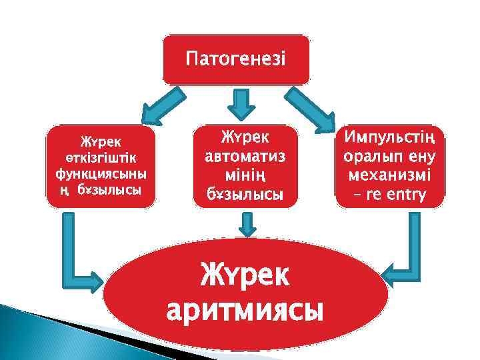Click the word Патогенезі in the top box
(236, 59)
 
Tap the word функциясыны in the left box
(101, 175)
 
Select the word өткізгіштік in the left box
(101, 158)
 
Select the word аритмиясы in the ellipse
(245, 311)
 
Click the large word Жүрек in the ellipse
(245, 275)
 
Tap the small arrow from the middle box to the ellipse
(248, 224)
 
